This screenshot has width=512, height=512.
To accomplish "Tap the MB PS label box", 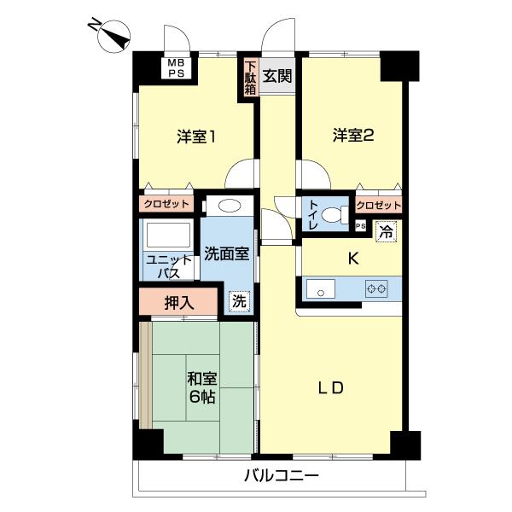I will tap(175, 68).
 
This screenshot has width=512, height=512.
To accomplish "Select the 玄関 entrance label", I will tap(276, 75).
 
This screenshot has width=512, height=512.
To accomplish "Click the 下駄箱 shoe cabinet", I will tap(250, 79).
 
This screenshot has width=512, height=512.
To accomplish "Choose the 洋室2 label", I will tap(353, 135).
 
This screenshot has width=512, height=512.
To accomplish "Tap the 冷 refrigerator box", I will tap(386, 229).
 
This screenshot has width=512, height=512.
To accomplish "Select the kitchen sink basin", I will tap(322, 289).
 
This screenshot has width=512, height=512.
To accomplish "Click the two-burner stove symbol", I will tap(376, 289).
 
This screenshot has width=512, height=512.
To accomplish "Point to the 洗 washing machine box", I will tap(240, 301).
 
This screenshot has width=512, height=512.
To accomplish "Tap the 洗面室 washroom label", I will tap(227, 253).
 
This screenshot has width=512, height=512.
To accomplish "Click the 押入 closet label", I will tap(179, 301).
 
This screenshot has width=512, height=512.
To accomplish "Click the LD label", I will tap(330, 388).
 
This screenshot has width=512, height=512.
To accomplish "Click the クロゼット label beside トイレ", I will tap(378, 206).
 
